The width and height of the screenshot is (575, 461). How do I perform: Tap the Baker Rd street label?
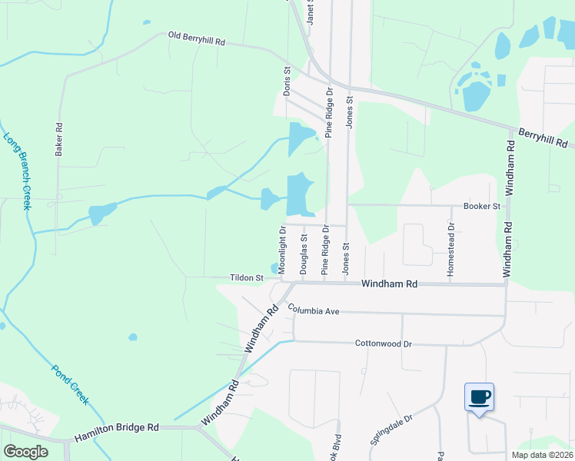[58, 138]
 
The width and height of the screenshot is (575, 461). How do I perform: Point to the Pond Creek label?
[71, 384]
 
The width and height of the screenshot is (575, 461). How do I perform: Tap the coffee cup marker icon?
[479, 397]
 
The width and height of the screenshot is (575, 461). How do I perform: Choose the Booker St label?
[482, 206]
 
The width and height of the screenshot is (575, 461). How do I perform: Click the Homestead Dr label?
[452, 250]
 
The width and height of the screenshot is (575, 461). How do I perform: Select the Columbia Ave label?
[314, 311]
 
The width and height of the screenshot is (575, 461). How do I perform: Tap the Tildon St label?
[247, 277]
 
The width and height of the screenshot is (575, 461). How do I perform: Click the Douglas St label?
[304, 254]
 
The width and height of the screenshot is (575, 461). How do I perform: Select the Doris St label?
[287, 80]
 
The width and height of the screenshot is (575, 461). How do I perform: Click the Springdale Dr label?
[392, 429]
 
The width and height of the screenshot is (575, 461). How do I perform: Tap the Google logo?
[27, 452]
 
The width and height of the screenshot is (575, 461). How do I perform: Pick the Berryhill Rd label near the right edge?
[543, 138]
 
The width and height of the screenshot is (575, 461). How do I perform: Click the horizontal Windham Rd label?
[390, 284]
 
